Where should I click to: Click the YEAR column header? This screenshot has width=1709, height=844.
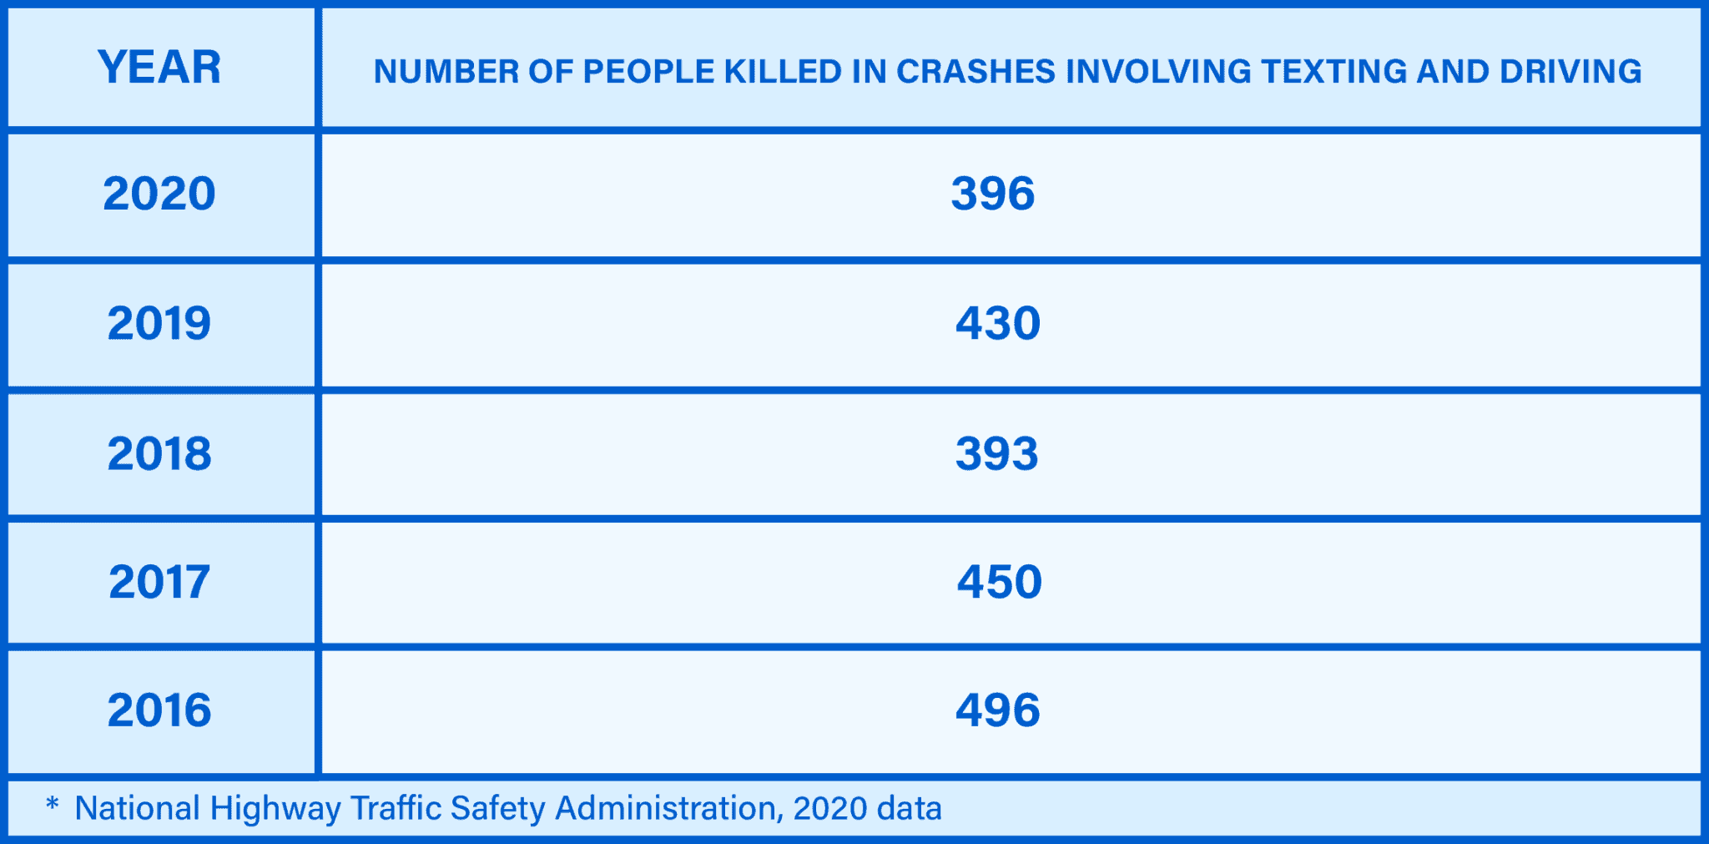[159, 68]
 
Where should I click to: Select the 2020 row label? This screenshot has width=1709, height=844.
[159, 194]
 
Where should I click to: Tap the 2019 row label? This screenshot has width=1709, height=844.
[159, 323]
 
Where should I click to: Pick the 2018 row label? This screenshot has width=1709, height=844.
[159, 453]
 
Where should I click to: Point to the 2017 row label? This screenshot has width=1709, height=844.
[159, 582]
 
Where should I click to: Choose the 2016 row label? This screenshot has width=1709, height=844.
[159, 710]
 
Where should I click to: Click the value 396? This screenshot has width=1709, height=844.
[993, 194]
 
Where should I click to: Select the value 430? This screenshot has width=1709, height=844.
[998, 323]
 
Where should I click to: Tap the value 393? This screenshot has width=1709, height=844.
[997, 453]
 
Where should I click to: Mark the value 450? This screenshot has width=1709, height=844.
[1000, 582]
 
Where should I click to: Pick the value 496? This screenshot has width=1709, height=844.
[998, 710]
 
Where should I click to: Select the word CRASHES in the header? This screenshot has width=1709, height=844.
[975, 72]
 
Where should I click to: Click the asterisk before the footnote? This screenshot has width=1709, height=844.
[52, 805]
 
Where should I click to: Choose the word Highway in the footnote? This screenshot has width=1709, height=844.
[275, 809]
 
